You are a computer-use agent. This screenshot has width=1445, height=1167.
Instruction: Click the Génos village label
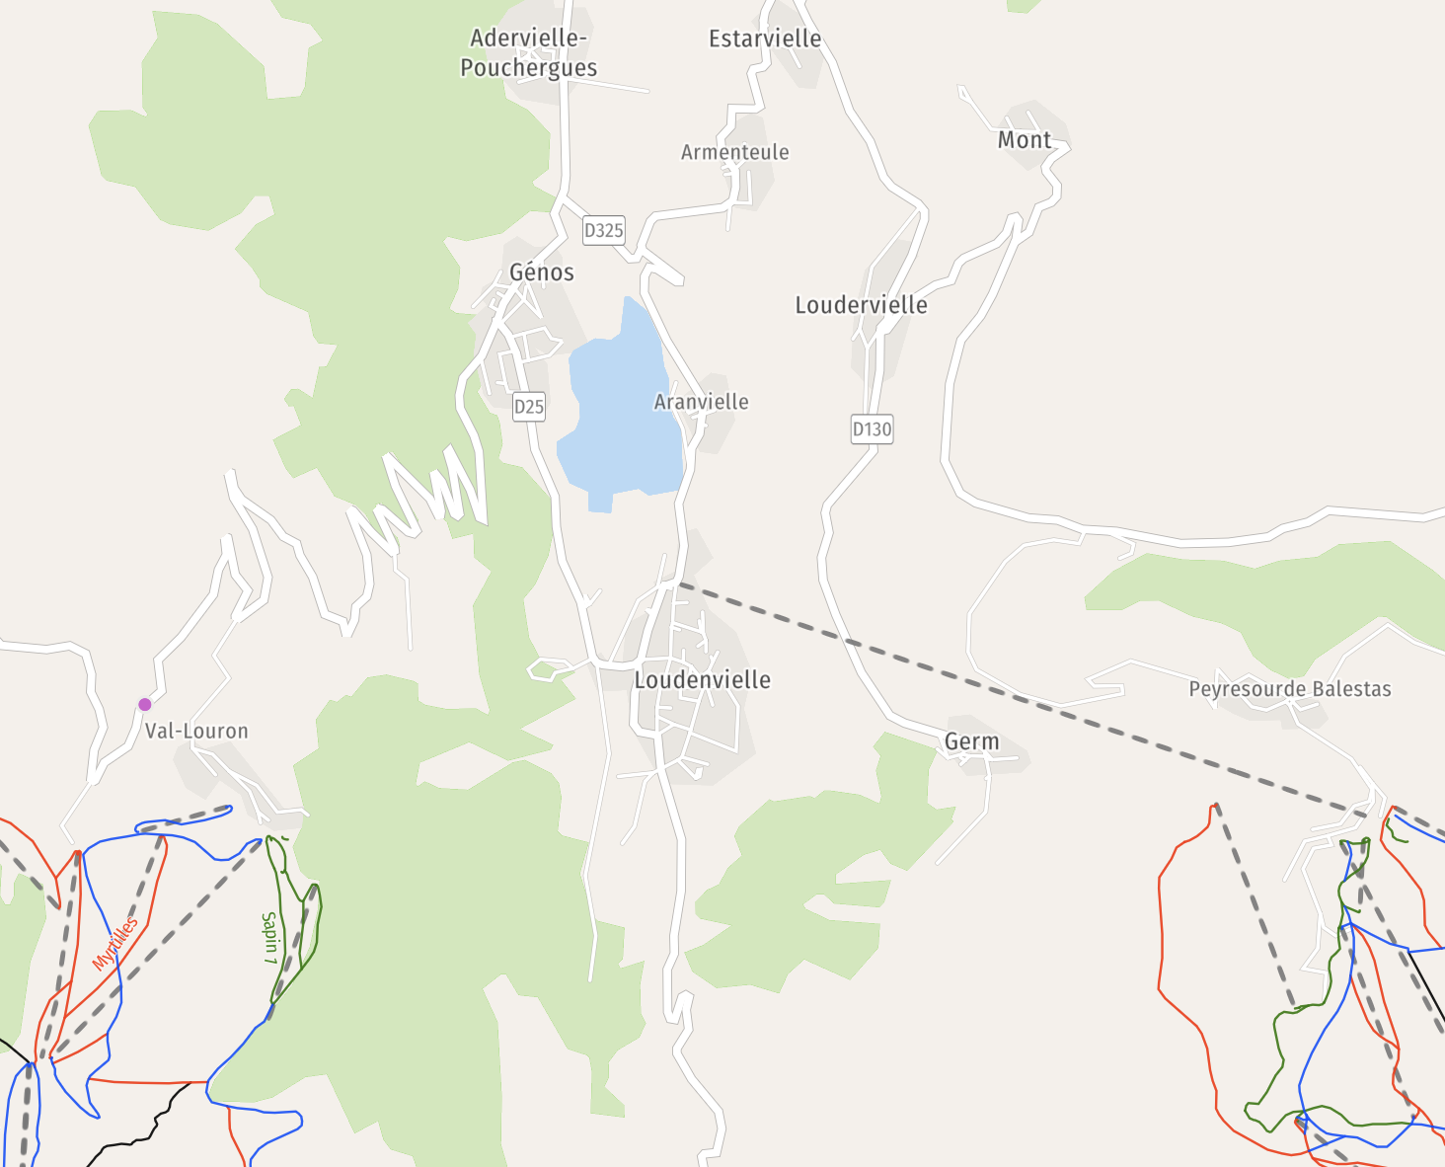542,272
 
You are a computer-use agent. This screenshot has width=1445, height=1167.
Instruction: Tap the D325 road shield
603,230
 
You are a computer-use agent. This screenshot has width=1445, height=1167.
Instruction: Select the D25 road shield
529,406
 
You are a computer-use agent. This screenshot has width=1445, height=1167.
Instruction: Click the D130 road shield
872,429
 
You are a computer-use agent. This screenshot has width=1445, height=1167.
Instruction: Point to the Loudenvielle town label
702,679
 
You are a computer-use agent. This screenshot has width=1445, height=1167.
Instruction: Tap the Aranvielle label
701,402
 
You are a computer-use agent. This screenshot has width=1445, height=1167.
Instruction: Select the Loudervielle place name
861,305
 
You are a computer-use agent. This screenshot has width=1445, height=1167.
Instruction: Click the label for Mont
1024,140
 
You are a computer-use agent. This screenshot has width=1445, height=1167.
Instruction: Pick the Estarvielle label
765,39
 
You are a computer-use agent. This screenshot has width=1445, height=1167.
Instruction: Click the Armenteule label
734,152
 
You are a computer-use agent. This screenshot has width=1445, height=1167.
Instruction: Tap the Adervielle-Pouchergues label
529,52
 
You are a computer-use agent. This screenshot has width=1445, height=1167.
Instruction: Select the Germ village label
971,741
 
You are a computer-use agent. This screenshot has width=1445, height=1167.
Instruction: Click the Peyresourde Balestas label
1289,689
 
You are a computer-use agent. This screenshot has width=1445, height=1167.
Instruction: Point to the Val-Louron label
196,732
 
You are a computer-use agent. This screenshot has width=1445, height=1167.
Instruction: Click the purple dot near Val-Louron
145,704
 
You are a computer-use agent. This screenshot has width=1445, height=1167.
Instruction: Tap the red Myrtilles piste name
114,944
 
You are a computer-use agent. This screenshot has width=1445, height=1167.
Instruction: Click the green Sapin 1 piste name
269,938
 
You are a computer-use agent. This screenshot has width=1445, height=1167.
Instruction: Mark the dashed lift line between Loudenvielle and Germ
849,642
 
